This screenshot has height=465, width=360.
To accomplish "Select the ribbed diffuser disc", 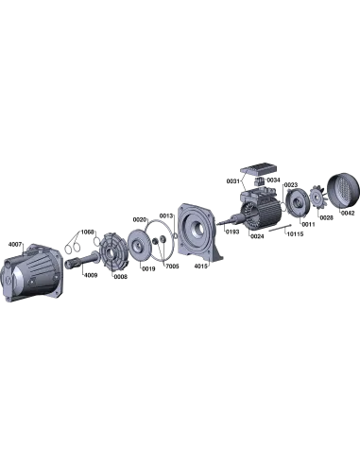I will (116, 248).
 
